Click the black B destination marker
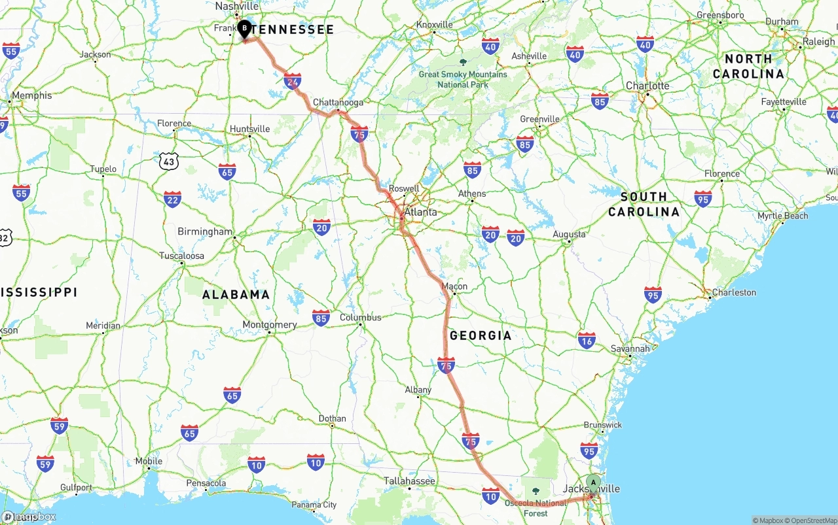coord(244,29)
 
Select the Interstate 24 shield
coord(293,80)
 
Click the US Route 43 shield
coord(169,160)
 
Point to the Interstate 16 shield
coord(587,340)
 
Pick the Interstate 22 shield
coord(172,199)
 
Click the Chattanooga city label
coord(338,103)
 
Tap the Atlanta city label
coord(420,212)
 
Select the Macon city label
coord(454,286)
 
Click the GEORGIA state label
coord(481,335)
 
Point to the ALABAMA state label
coord(236,294)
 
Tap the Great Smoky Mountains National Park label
coord(463,79)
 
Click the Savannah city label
coord(630,348)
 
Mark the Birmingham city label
coord(205,231)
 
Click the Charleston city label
coord(734,292)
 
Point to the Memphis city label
coord(31,95)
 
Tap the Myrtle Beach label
coord(782,216)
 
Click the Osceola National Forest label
coord(536,508)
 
